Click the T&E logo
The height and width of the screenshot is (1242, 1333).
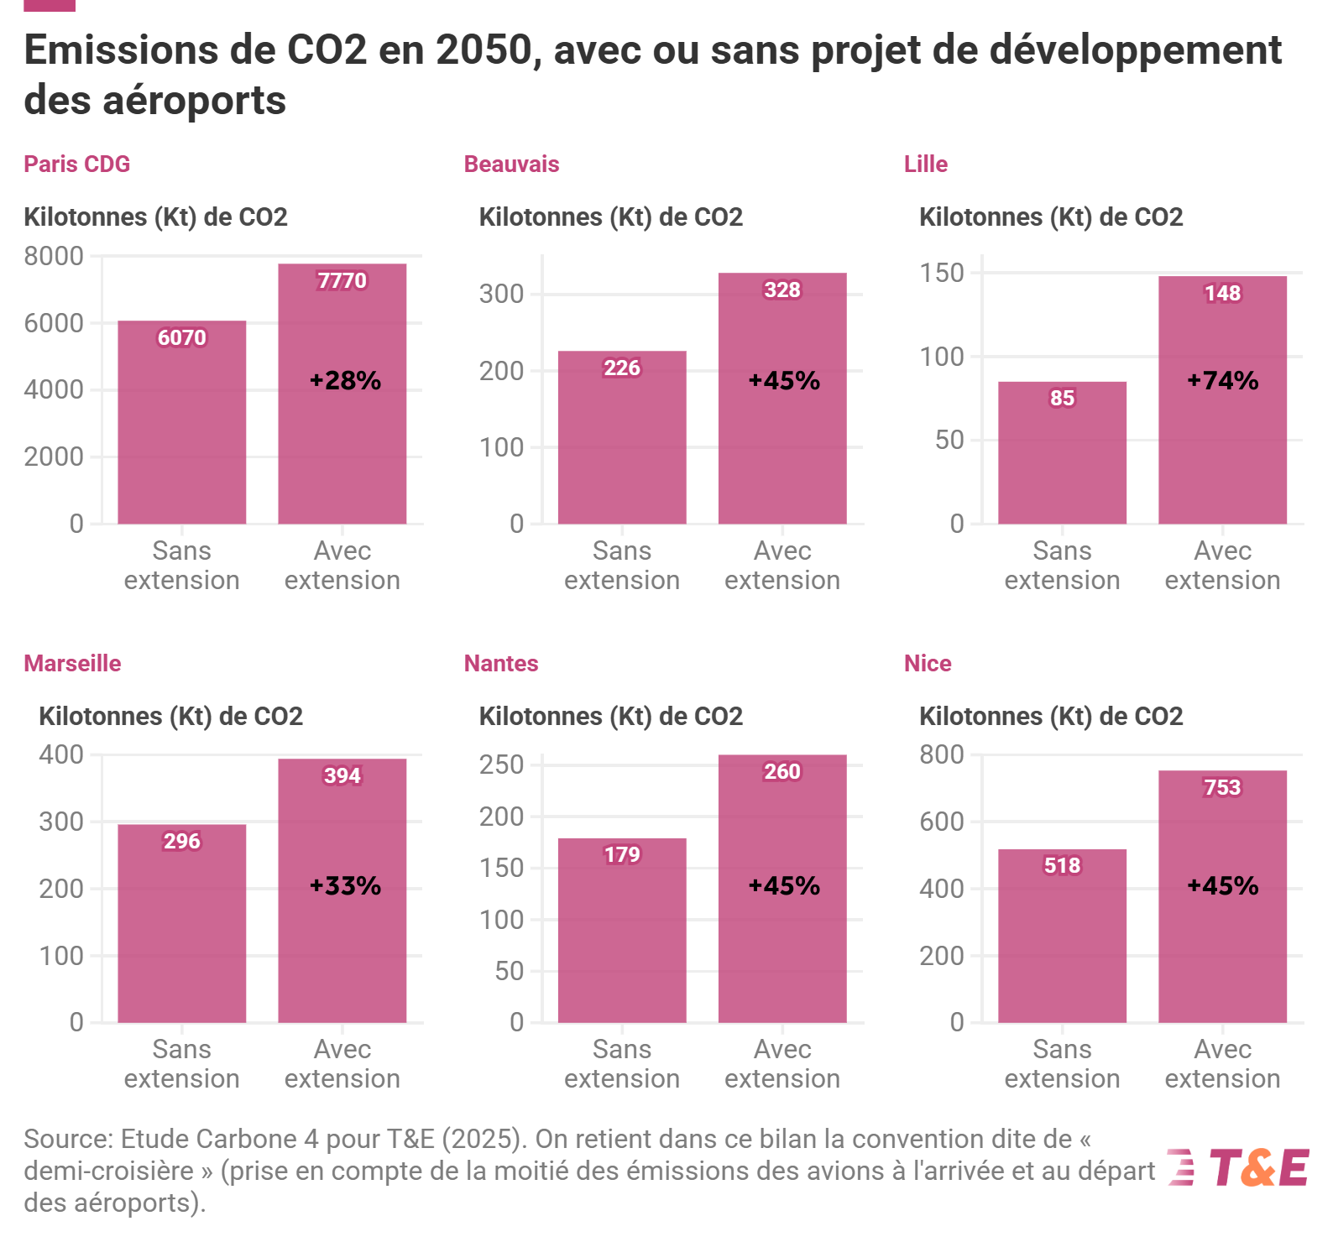(1239, 1167)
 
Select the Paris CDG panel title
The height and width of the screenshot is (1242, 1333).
(76, 164)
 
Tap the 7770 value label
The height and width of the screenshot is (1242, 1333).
(342, 280)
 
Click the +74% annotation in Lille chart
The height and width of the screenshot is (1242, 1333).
(1222, 381)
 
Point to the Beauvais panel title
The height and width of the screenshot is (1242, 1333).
(511, 164)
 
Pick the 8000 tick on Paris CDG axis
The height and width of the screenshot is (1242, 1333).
(54, 256)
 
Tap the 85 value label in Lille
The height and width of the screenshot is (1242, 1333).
(1062, 398)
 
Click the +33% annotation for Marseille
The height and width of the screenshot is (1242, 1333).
(345, 885)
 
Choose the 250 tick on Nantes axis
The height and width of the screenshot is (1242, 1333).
(501, 765)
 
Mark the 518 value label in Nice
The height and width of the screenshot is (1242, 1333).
(1062, 865)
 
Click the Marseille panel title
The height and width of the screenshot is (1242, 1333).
(72, 663)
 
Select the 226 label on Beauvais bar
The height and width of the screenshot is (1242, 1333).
(622, 368)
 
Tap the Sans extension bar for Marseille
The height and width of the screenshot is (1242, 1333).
(182, 923)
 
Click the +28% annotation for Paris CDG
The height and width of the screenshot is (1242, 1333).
(345, 381)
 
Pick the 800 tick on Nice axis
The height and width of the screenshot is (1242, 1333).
(942, 754)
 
